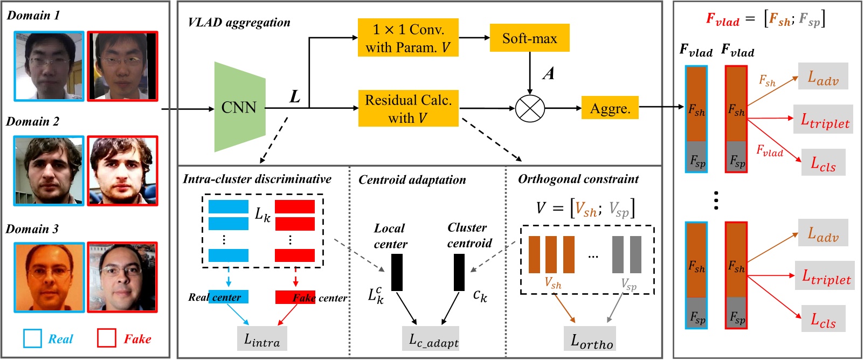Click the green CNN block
coord(239,107)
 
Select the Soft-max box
coord(529,38)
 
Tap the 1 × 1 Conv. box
coord(408,38)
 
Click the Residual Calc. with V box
coord(408,108)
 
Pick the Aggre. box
coord(610,108)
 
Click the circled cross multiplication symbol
coord(530,108)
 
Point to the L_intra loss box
coord(262,339)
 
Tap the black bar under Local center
coord(397,272)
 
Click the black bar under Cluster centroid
coord(459,272)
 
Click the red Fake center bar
coord(295,297)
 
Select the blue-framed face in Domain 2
coord(49,170)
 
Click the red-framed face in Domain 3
coord(122,277)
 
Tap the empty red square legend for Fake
coord(106,338)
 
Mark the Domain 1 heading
coord(33,15)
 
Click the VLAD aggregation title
coord(239,23)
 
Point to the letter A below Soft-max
coord(549,73)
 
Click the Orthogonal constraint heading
coord(578,179)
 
